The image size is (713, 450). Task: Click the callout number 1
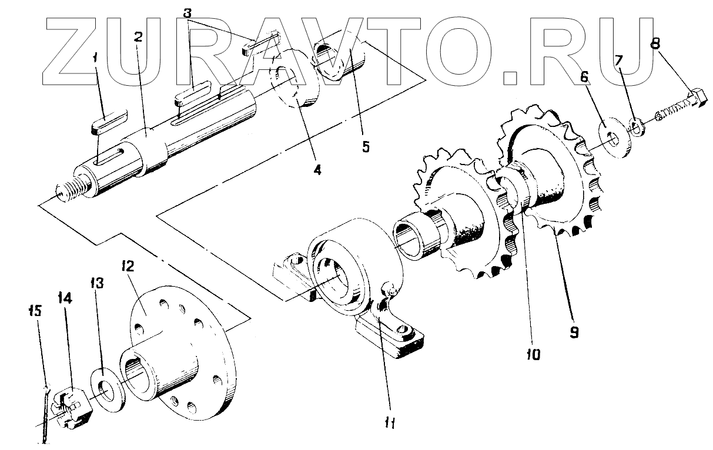[97, 58]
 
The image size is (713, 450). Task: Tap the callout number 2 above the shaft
[138, 37]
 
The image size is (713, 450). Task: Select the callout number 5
[366, 147]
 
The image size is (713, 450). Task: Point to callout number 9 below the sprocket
[574, 332]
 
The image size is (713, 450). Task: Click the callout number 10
[534, 354]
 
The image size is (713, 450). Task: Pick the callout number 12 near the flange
[129, 266]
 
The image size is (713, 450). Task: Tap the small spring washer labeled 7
[635, 125]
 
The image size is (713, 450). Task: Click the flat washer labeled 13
[107, 389]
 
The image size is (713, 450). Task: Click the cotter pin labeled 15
[46, 411]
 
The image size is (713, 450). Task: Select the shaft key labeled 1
[109, 126]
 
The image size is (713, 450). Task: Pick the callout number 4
[317, 170]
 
